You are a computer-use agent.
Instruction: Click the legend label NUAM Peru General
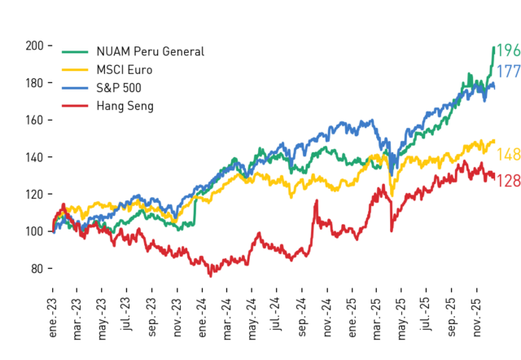click(x=150, y=51)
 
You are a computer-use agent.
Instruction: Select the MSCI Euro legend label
click(x=125, y=70)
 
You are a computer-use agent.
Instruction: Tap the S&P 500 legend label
click(x=119, y=88)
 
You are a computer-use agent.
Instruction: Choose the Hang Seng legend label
click(x=125, y=106)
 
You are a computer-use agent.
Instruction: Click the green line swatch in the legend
click(x=75, y=52)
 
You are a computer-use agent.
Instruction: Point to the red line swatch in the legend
click(x=75, y=106)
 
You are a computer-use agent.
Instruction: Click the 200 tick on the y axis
click(x=34, y=46)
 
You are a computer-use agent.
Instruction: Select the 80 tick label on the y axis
click(x=37, y=269)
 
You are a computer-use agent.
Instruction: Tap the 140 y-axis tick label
click(x=34, y=157)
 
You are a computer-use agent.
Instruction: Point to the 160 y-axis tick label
click(x=34, y=120)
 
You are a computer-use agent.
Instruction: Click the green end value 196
click(x=508, y=50)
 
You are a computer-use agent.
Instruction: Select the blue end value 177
click(x=508, y=72)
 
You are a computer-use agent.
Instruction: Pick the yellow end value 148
click(x=508, y=155)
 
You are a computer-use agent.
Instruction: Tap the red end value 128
click(x=508, y=181)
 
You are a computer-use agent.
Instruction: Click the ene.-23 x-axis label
click(x=52, y=318)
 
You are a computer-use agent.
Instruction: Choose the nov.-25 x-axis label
click(x=476, y=318)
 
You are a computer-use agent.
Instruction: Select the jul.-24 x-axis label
click(x=277, y=314)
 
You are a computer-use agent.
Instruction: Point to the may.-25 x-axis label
click(x=401, y=319)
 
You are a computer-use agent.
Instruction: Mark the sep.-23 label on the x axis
click(x=151, y=318)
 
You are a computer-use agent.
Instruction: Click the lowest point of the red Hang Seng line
click(x=210, y=276)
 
